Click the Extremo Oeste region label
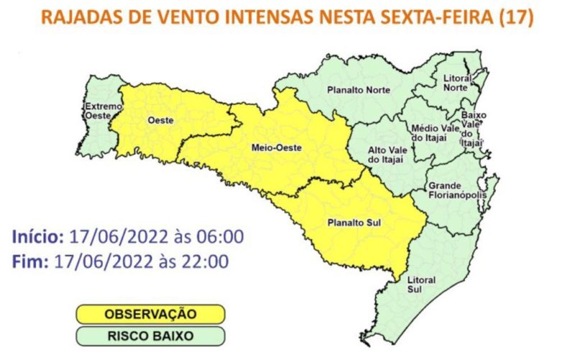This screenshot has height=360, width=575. click(98, 111)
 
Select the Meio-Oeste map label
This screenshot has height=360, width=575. click(275, 148)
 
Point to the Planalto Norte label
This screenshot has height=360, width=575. click(358, 90)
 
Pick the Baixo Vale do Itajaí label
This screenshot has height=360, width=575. click(474, 129)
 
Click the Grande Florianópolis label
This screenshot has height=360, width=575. click(458, 190)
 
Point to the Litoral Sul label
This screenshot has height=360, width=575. click(420, 283)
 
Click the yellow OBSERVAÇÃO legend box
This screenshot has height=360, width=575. click(150, 314)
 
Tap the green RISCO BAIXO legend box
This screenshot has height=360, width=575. click(150, 335)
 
